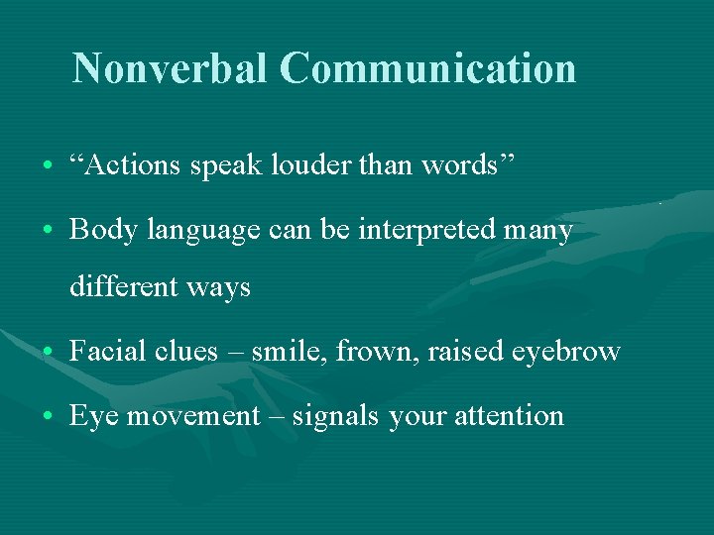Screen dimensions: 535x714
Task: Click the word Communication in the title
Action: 427,68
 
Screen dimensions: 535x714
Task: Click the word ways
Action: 223,289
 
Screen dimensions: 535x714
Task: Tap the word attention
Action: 509,416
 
